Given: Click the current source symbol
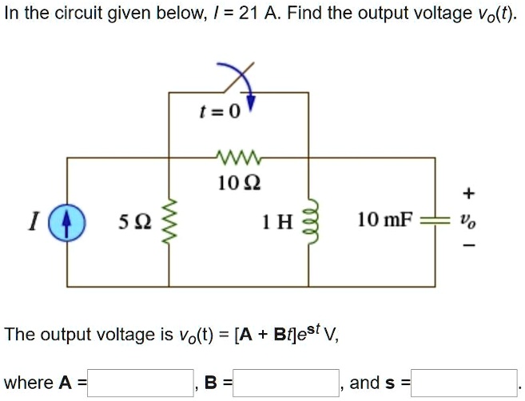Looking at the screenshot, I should tap(66, 221).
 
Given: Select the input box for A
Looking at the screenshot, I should tap(141, 383).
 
